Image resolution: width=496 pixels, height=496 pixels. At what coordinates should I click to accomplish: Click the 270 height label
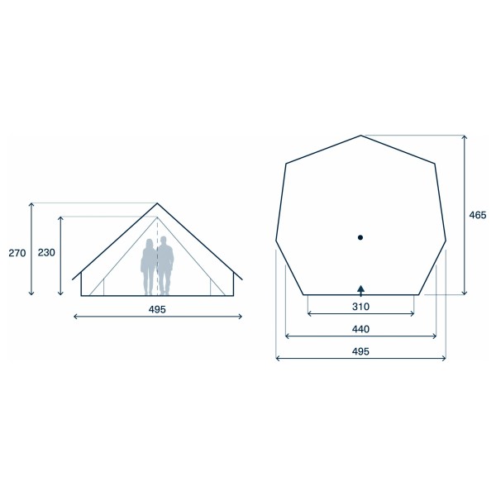click(x=17, y=253)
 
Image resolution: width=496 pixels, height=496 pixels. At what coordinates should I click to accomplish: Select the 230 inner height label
click(x=46, y=253)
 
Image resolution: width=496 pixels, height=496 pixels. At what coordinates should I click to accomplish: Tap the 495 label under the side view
click(x=157, y=309)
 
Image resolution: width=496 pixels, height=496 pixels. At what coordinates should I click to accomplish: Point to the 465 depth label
click(x=477, y=215)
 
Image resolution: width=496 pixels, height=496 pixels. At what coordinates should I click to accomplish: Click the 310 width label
click(x=360, y=307)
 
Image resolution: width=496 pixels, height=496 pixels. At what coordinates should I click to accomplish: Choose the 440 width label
click(x=360, y=329)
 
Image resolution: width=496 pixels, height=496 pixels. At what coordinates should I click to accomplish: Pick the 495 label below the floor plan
click(x=360, y=351)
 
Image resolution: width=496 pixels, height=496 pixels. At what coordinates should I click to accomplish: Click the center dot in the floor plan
click(x=360, y=238)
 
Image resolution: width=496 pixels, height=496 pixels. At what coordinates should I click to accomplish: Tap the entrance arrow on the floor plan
click(x=360, y=289)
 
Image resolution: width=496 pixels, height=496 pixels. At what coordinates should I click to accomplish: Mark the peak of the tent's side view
click(x=157, y=203)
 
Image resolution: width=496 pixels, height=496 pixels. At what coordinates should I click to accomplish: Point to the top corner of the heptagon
click(x=360, y=135)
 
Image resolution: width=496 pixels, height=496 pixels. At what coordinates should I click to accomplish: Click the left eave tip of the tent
click(x=72, y=280)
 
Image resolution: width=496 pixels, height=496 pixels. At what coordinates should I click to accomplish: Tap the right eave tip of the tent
click(x=242, y=280)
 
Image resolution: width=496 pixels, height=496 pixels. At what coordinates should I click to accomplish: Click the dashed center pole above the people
click(x=157, y=227)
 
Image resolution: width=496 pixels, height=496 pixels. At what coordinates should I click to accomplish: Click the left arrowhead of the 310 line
click(x=308, y=314)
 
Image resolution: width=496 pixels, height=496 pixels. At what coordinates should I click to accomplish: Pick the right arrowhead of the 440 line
click(x=435, y=336)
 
